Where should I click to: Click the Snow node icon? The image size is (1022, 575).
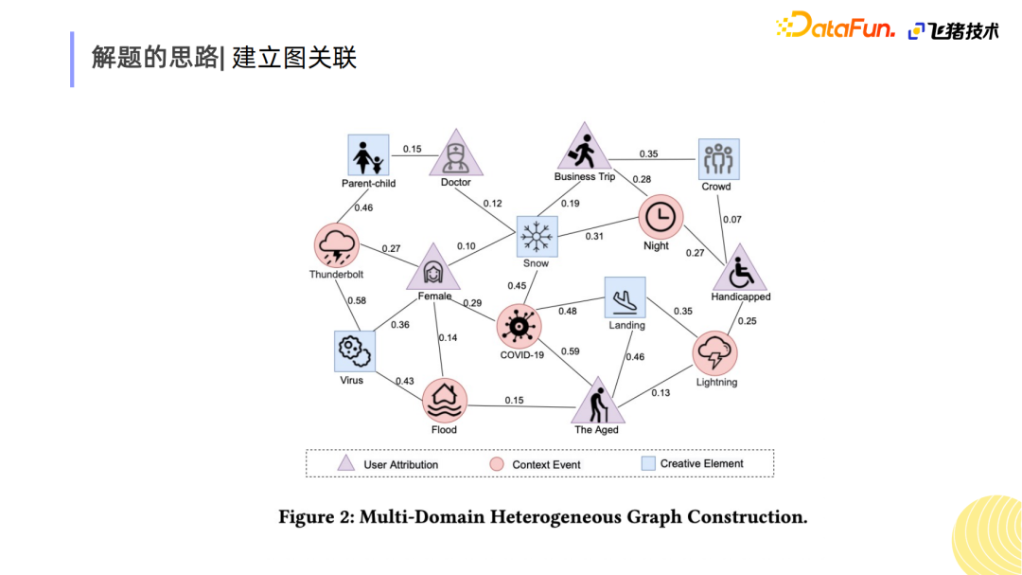[537, 236]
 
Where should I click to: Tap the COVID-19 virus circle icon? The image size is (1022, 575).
[519, 326]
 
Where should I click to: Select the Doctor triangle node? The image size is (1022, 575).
[455, 154]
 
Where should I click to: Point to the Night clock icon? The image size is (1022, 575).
[661, 217]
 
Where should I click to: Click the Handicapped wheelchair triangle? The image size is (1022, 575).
[740, 269]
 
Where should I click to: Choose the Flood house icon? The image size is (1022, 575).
[445, 400]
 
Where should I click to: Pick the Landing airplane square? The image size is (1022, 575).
[626, 297]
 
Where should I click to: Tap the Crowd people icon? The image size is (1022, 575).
[719, 159]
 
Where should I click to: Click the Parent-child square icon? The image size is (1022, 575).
[368, 155]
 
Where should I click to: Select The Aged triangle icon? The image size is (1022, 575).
[598, 402]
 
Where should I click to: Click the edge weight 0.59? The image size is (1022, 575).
[571, 351]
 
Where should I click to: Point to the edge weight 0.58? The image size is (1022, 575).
[357, 301]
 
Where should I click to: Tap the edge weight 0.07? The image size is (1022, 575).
[731, 220]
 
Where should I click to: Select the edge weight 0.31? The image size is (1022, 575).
[593, 236]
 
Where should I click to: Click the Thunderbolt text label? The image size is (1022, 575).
[336, 274]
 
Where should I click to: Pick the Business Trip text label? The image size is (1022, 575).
[585, 176]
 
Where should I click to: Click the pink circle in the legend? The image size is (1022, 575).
[497, 464]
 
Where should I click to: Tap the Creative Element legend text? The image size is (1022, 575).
[701, 463]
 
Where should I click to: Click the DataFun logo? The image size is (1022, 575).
[835, 27]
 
